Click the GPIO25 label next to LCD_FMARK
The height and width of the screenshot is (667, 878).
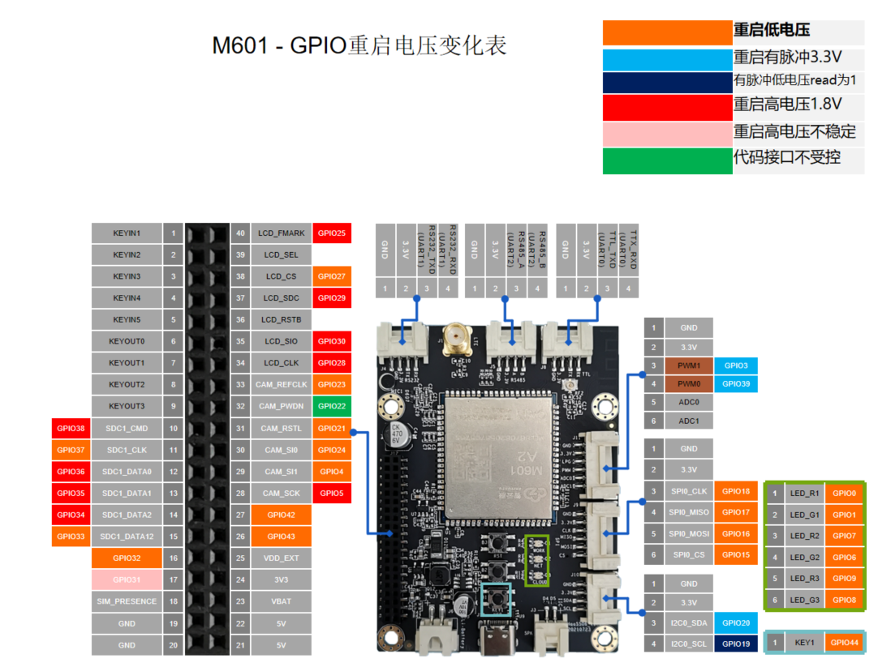(x=332, y=233)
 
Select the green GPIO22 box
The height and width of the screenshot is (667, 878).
(x=332, y=406)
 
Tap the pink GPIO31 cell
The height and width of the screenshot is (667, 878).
(x=127, y=579)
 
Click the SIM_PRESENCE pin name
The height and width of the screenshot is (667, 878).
(x=127, y=601)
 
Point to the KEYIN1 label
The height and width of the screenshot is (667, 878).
(x=127, y=233)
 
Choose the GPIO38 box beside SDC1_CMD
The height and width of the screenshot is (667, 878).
(x=71, y=428)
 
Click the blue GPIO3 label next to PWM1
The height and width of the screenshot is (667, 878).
(x=736, y=366)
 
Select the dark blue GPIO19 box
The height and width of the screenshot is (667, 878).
(x=736, y=644)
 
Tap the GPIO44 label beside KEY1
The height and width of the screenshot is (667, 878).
(x=844, y=643)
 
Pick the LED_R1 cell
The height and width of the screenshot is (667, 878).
(x=804, y=493)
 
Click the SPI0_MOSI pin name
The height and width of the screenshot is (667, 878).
(x=689, y=534)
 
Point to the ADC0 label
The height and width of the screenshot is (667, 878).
(x=689, y=401)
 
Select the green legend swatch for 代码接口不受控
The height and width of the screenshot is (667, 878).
(x=667, y=160)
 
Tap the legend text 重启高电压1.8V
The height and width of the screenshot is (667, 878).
(x=787, y=105)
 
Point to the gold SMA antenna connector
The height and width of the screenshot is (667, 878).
(x=454, y=336)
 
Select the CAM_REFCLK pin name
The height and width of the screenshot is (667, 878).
(x=282, y=384)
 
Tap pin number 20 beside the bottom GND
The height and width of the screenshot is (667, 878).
(x=173, y=645)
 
